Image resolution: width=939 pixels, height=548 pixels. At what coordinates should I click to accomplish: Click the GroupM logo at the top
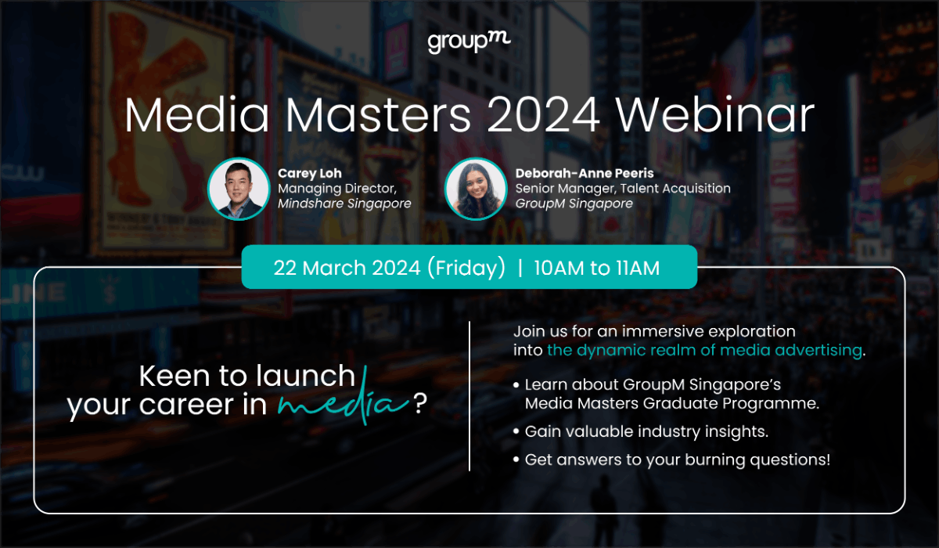pyautogui.click(x=469, y=42)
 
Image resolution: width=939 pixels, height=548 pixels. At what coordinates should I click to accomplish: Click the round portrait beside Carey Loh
pyautogui.click(x=239, y=189)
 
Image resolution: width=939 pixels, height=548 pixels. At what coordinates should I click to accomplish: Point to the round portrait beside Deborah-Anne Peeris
pyautogui.click(x=475, y=189)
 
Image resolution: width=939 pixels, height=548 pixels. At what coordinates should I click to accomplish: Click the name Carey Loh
pyautogui.click(x=310, y=173)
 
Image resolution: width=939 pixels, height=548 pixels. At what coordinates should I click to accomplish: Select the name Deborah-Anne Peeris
pyautogui.click(x=584, y=173)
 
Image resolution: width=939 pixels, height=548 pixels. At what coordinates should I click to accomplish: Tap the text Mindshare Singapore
pyautogui.click(x=344, y=204)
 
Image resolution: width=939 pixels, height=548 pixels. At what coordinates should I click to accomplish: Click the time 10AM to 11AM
pyautogui.click(x=597, y=268)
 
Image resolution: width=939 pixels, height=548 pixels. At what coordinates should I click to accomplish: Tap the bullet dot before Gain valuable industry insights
pyautogui.click(x=516, y=431)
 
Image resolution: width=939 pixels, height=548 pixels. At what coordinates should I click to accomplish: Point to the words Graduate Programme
pyautogui.click(x=736, y=404)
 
